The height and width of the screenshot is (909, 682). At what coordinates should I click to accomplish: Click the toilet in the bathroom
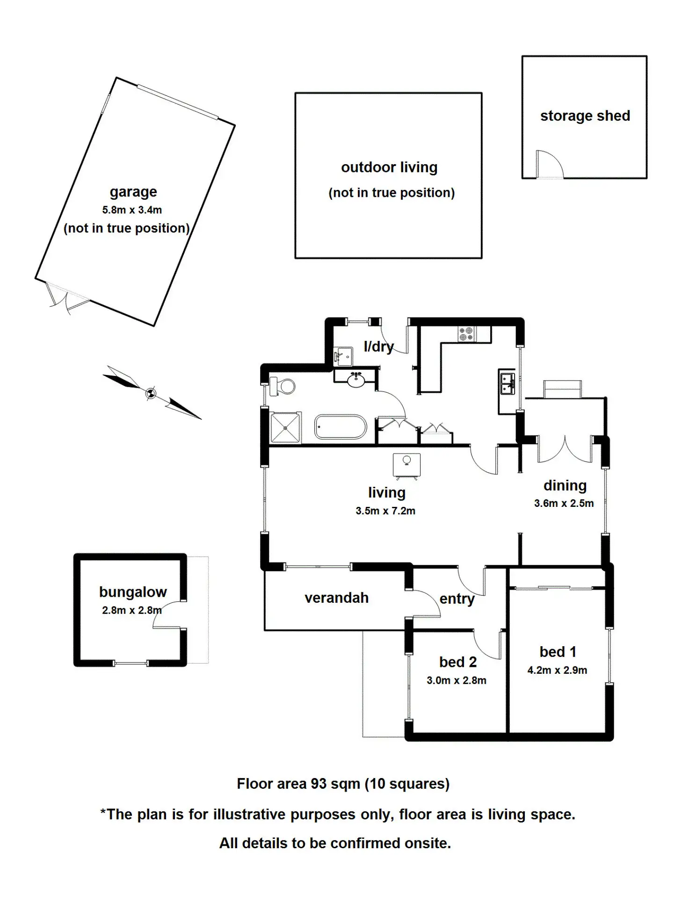pyautogui.click(x=283, y=386)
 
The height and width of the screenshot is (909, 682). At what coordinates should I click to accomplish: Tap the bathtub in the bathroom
pyautogui.click(x=340, y=426)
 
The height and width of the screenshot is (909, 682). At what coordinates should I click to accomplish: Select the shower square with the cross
pyautogui.click(x=285, y=427)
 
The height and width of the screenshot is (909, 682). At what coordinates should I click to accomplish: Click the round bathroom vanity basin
pyautogui.click(x=356, y=380)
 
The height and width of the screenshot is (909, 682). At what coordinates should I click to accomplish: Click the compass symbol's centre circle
pyautogui.click(x=151, y=393)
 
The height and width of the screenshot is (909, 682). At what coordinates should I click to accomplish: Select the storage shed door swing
pyautogui.click(x=550, y=164)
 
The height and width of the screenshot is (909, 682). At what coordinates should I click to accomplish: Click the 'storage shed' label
pyautogui.click(x=585, y=116)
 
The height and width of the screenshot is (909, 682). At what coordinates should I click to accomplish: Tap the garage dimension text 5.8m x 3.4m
pyautogui.click(x=132, y=210)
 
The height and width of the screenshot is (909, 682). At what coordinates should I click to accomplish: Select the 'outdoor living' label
pyautogui.click(x=389, y=167)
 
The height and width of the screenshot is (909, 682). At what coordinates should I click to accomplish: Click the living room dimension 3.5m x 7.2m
pyautogui.click(x=385, y=511)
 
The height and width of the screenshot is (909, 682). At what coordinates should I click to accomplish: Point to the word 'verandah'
pyautogui.click(x=336, y=598)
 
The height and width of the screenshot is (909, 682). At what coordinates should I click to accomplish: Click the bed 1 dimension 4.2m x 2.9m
pyautogui.click(x=557, y=670)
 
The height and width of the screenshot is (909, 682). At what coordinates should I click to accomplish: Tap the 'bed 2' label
pyautogui.click(x=457, y=662)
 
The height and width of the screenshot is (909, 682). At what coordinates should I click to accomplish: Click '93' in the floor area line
pyautogui.click(x=318, y=784)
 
